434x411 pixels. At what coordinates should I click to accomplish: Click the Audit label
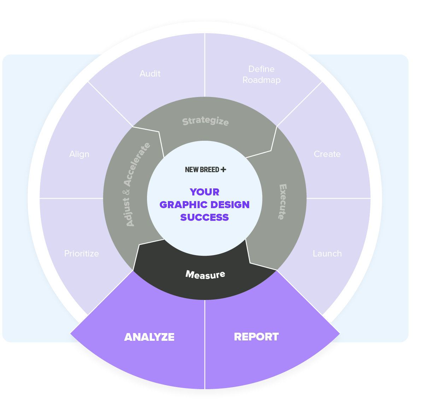tap(150, 74)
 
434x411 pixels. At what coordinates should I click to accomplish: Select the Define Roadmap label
tap(262, 74)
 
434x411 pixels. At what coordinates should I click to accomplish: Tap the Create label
tap(327, 154)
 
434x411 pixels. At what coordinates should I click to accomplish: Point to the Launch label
tap(327, 254)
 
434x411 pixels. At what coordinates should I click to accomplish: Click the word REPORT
tap(256, 337)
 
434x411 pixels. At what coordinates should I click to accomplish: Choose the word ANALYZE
tap(149, 337)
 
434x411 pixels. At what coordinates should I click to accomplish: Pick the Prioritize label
tap(82, 254)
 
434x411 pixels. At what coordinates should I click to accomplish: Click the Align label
tap(79, 154)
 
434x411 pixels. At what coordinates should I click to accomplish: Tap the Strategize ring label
tap(205, 121)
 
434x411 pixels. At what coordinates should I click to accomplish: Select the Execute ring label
tap(282, 202)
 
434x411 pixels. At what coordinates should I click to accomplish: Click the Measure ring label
tap(205, 274)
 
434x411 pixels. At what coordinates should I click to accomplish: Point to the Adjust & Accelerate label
tap(137, 184)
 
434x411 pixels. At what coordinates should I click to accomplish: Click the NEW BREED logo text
tap(202, 170)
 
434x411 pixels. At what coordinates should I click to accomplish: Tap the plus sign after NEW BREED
tap(223, 169)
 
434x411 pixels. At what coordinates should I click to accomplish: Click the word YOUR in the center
tap(205, 192)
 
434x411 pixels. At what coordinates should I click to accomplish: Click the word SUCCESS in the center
tap(205, 217)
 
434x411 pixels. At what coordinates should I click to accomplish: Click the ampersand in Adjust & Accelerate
tap(127, 192)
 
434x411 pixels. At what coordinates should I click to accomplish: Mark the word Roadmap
tap(262, 80)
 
